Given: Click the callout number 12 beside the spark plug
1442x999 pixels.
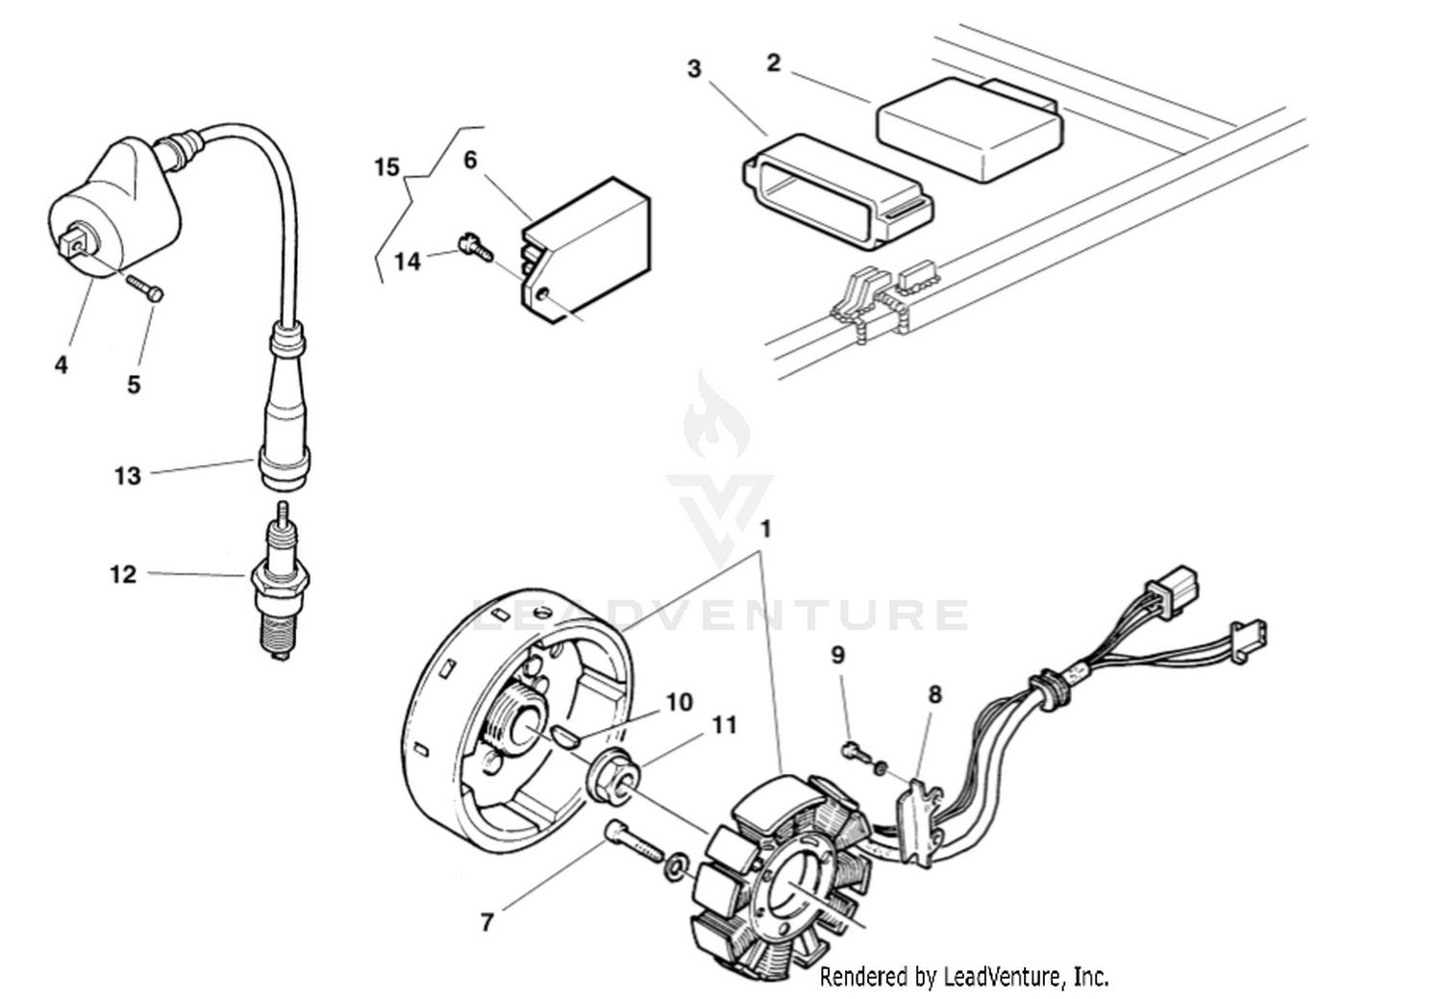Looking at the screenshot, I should point(123,574).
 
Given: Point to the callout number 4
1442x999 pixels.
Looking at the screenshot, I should point(62,364).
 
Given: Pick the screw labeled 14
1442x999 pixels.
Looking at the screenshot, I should point(475,246).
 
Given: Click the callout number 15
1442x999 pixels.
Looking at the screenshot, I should point(386,167).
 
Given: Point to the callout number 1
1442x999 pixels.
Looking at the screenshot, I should point(766,529).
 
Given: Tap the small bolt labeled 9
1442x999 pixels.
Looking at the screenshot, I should point(852,749).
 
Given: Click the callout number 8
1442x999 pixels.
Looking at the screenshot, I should point(934,694).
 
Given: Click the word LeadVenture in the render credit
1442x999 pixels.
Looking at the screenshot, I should point(1000,977).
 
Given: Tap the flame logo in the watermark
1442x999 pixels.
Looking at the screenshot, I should point(716,420).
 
